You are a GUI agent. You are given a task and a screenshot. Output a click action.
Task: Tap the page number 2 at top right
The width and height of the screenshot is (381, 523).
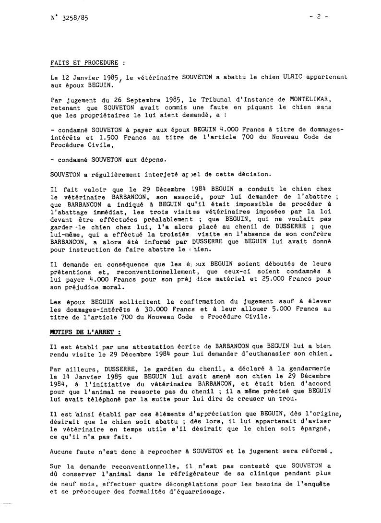pos(318,16)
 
